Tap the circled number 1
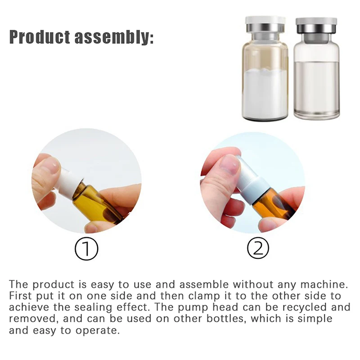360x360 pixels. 86,248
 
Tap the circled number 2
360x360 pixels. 258,248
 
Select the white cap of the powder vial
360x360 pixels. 265,21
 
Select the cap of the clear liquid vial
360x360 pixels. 316,21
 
